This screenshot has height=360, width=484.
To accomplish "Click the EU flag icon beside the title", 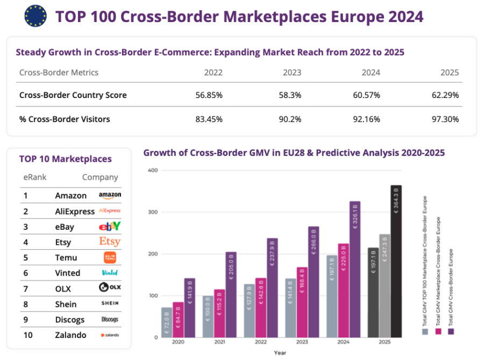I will click(x=35, y=16).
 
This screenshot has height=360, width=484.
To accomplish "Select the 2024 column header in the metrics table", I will click(x=371, y=73).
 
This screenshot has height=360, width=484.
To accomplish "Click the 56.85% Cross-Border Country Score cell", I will click(x=209, y=95).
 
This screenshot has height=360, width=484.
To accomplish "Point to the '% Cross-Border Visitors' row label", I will click(x=65, y=119).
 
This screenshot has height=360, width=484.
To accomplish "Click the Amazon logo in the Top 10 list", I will click(x=110, y=195).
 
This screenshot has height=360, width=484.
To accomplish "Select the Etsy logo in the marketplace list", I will click(x=110, y=242).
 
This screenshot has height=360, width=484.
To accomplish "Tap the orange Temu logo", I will click(x=110, y=258).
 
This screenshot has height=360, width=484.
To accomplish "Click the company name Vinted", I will click(x=67, y=273).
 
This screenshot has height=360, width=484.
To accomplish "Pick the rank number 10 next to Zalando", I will click(x=27, y=335).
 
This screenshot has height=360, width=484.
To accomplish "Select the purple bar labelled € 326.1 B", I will click(x=355, y=269).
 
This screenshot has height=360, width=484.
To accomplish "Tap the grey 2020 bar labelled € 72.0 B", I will click(x=166, y=322).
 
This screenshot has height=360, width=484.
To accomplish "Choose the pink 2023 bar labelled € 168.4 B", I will click(x=302, y=302).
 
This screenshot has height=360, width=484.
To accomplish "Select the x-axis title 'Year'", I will click(x=280, y=353).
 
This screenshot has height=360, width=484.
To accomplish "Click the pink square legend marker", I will click(x=438, y=332).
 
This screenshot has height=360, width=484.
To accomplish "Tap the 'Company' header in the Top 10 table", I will click(x=99, y=178).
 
